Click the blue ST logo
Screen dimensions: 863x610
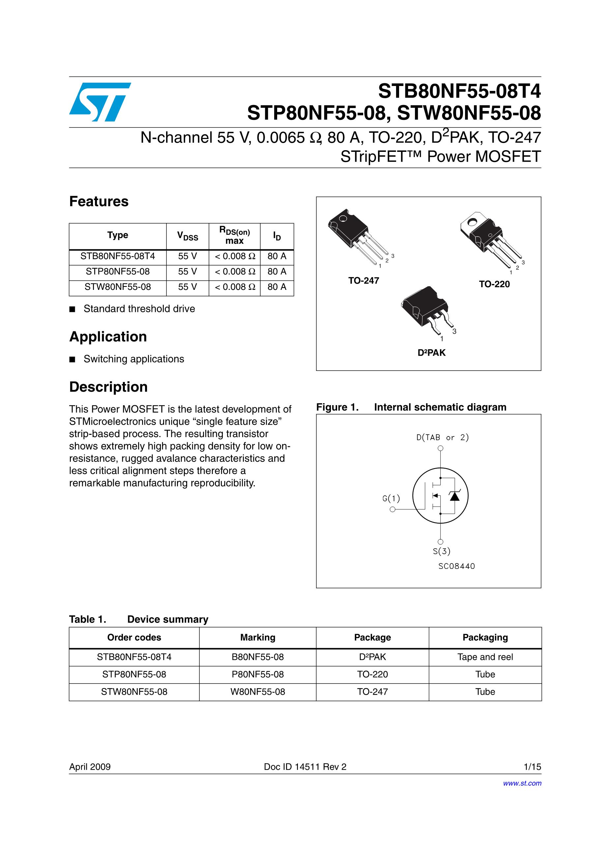100,102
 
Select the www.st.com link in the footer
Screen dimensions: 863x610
522,783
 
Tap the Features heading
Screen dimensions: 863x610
99,202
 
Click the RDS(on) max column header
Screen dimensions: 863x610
234,236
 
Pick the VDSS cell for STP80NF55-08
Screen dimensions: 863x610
187,271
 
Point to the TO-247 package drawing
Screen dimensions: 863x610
357,237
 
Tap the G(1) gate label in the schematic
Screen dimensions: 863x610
391,498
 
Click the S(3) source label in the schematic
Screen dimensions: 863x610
442,551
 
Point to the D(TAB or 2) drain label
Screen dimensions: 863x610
443,437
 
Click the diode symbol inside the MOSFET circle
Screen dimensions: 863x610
455,496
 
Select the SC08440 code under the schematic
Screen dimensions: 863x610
456,566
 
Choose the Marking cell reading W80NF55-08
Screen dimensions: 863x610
258,692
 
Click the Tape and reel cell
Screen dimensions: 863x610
485,657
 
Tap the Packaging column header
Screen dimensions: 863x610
485,637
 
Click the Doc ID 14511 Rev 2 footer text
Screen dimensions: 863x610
305,767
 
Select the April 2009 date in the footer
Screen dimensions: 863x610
90,767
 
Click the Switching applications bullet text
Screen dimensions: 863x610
134,359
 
